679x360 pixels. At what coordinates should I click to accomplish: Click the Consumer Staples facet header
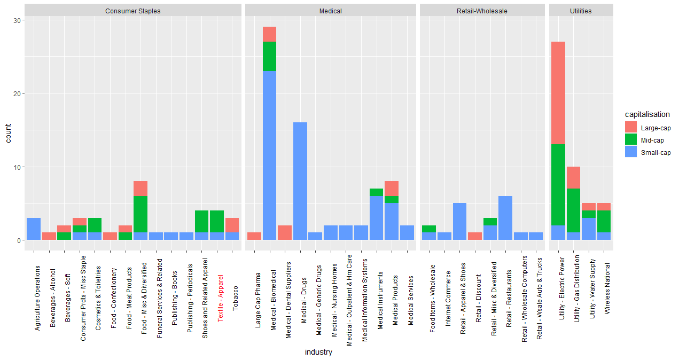pos(132,11)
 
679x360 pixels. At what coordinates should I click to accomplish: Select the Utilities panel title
pos(581,11)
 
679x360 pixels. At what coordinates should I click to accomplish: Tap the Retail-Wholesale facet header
pos(482,11)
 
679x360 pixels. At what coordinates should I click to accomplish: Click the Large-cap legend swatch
pos(631,128)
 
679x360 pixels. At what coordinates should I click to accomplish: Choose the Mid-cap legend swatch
pos(631,140)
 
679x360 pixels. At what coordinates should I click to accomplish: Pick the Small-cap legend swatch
pos(631,152)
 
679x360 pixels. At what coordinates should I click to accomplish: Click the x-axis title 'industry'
pos(318,352)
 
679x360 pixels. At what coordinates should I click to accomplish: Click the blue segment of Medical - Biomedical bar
pos(270,155)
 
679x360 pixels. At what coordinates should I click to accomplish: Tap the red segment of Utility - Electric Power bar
pos(558,93)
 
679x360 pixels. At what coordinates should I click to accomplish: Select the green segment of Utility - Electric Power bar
pos(558,185)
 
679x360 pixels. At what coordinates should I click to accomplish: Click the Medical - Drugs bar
pos(300,182)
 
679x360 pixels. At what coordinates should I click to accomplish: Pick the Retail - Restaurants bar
pos(505,218)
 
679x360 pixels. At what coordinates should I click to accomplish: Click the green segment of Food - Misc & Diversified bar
pos(141,214)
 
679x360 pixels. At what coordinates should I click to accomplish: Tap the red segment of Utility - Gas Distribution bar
pos(573,177)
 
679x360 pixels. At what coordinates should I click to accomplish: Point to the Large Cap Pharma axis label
pos(259,294)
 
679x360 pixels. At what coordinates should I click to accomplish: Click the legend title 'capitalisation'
pos(647,114)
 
